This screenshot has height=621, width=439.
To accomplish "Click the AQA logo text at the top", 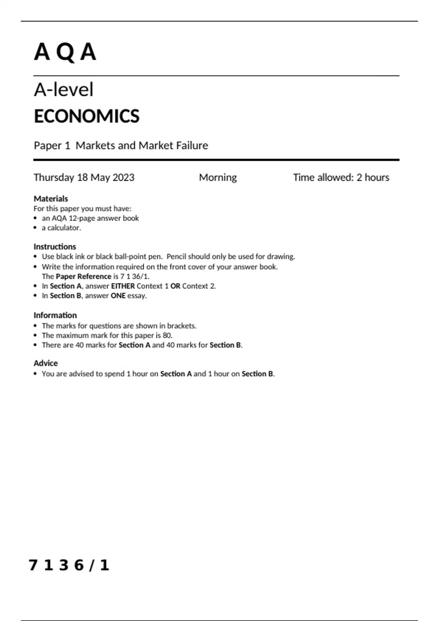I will pos(65,52).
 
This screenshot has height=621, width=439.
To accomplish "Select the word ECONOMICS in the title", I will pos(87,116).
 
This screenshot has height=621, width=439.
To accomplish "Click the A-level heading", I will pos(64,90).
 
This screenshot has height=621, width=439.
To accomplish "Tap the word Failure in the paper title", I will pos(192,145).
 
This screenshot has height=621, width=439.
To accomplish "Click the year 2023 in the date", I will pos(123,178).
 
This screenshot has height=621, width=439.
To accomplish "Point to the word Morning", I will pos(218,178).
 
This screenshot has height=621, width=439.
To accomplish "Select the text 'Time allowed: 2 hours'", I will pos(341,178).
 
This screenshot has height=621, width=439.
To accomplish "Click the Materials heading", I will pos(51,199).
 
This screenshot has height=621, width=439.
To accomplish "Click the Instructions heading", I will pos(55,247).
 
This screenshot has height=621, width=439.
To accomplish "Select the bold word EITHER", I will pos(123,286).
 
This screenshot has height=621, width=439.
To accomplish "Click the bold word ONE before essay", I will pos(118,296).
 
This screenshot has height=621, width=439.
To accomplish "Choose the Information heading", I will pos(55,315).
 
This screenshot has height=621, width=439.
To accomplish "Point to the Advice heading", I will pos(46,363).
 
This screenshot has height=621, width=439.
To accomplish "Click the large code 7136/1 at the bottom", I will pos(69,565).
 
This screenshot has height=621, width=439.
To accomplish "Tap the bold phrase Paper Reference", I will pos(83,277).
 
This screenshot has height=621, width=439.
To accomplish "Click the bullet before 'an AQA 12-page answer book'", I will pos(35,218).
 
